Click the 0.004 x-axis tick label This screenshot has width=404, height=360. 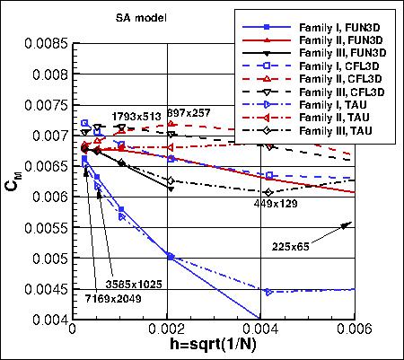[261, 331]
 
